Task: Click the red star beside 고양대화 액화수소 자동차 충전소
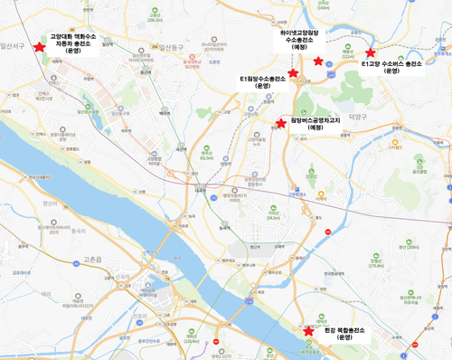(38, 46)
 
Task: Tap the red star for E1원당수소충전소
(292, 72)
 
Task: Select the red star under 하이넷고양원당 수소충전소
(317, 61)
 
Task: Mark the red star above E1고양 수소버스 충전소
(370, 53)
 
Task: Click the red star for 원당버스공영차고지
(280, 122)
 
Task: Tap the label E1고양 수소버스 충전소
(391, 69)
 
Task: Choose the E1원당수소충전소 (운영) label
(263, 82)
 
